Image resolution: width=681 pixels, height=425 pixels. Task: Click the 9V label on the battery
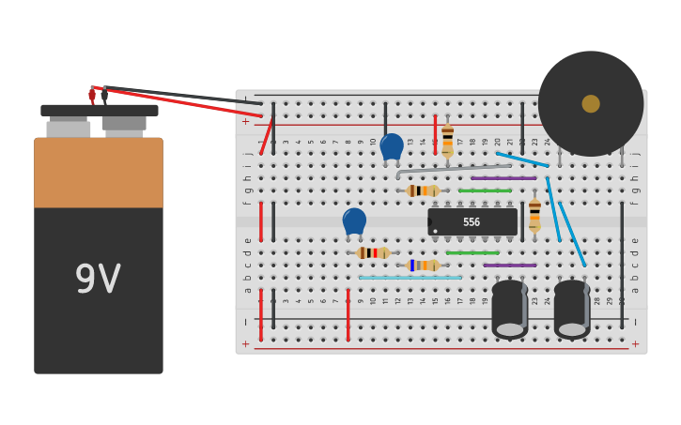click(98, 280)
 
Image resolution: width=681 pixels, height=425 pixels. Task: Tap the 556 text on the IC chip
click(472, 222)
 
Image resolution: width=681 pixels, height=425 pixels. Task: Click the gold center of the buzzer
click(591, 103)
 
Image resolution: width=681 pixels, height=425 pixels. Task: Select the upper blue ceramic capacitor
click(392, 146)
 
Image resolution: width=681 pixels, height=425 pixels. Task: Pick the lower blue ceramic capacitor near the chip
click(354, 221)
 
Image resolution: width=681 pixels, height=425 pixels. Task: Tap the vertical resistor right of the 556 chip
click(534, 214)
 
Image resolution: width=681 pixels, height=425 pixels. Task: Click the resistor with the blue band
click(423, 266)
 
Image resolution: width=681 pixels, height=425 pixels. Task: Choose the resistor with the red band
click(373, 252)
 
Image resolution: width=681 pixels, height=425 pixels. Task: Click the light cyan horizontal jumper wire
click(410, 278)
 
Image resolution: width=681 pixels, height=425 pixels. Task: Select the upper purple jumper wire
click(503, 177)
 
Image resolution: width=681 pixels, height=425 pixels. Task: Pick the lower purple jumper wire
click(510, 266)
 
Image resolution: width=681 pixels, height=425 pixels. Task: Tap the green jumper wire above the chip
click(485, 190)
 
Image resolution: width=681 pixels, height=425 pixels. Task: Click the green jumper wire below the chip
click(472, 252)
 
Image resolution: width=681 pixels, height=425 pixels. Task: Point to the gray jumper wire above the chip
click(451, 170)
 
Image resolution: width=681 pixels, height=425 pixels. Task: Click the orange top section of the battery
click(99, 174)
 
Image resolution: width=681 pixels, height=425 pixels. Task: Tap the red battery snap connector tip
click(92, 94)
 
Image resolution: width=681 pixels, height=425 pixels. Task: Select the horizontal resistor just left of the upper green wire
click(423, 190)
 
